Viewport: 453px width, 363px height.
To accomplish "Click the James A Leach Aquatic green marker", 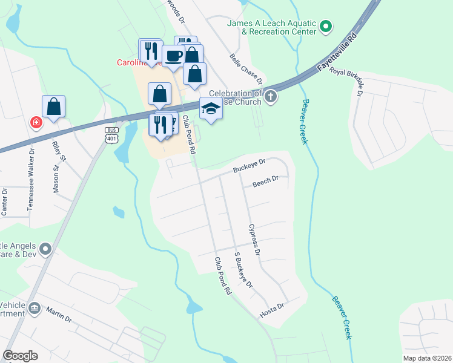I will point(326,26).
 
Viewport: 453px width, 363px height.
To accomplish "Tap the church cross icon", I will point(271,96).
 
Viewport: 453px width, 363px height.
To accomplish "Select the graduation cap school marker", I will point(211,108).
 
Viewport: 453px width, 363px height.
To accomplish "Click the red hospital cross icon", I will point(36,122).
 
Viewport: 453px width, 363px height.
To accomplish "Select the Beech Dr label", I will point(265,179).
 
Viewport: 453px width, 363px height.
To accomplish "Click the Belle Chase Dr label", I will point(246,68).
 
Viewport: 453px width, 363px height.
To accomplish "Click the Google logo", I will point(21,356).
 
